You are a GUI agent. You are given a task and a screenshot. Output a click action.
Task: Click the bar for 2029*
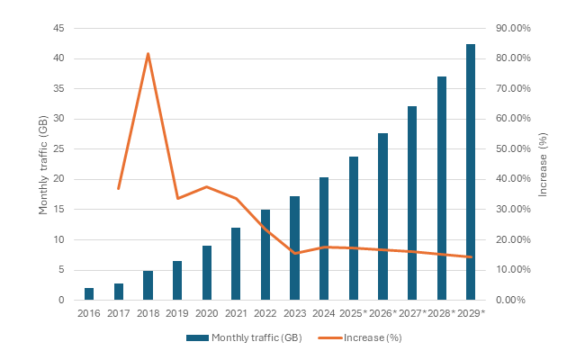pos(470,172)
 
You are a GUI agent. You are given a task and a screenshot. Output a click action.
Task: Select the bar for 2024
pos(323,238)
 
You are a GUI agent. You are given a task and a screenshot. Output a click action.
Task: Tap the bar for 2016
pos(89,294)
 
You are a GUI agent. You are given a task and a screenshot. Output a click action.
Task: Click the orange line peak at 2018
pos(148,54)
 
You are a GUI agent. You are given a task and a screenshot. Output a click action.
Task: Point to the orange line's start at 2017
pos(119,188)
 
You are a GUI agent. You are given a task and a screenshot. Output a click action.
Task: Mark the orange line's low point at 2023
pos(294,253)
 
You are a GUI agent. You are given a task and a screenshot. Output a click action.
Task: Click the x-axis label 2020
pos(206,313)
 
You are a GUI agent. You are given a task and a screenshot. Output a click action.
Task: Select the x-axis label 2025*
pos(354,313)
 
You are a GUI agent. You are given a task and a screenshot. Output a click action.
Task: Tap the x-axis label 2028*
pos(441,313)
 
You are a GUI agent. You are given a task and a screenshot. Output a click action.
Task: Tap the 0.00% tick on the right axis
pos(516,300)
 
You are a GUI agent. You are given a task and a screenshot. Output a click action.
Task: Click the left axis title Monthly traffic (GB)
pos(43,164)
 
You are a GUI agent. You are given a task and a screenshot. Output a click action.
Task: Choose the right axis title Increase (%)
pos(543,164)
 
